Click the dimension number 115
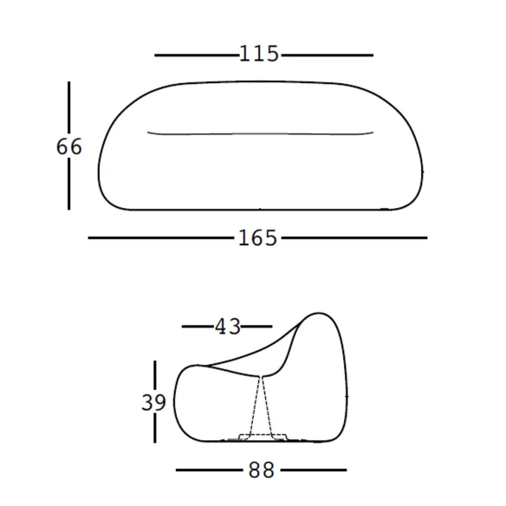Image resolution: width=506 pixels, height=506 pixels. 259,54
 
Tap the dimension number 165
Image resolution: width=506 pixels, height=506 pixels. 257,238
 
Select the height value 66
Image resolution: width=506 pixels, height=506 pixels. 69,146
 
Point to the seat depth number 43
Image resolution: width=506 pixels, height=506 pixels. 228,327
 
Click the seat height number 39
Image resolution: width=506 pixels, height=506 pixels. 154,402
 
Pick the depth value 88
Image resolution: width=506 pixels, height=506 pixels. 262,470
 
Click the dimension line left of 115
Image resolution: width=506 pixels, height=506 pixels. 197,55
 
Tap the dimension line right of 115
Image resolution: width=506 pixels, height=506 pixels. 328,55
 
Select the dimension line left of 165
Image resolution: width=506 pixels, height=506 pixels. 160,237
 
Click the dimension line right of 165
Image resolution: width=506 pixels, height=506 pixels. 354,237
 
